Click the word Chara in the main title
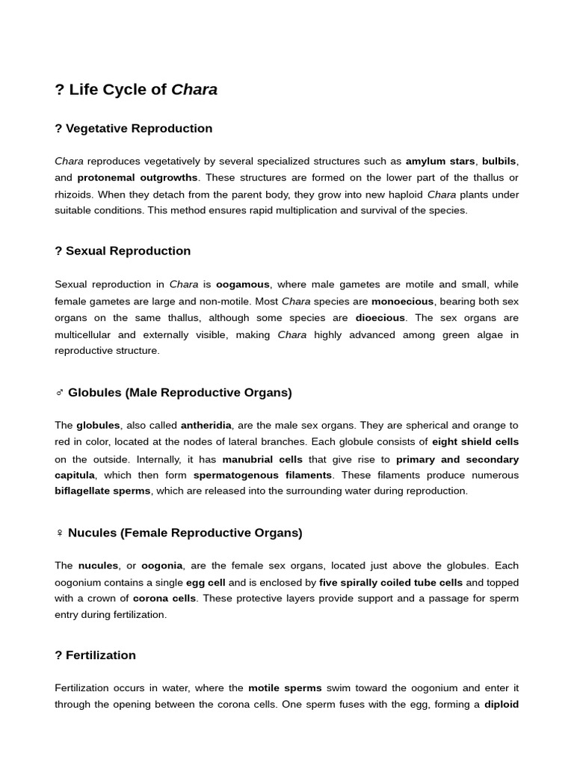point(194,90)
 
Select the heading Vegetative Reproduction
point(139,129)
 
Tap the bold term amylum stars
point(440,161)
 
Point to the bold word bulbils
point(499,161)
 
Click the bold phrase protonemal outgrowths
point(137,177)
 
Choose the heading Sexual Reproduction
point(128,251)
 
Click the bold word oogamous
point(243,284)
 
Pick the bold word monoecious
point(402,301)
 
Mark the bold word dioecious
point(380,318)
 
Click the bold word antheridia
point(206,425)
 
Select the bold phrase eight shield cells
point(475,442)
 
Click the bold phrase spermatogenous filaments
point(262,475)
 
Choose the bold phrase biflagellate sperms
point(102,491)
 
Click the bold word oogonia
point(161,566)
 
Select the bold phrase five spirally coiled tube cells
point(391,582)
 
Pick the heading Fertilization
point(101,655)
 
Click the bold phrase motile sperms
point(285,687)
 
